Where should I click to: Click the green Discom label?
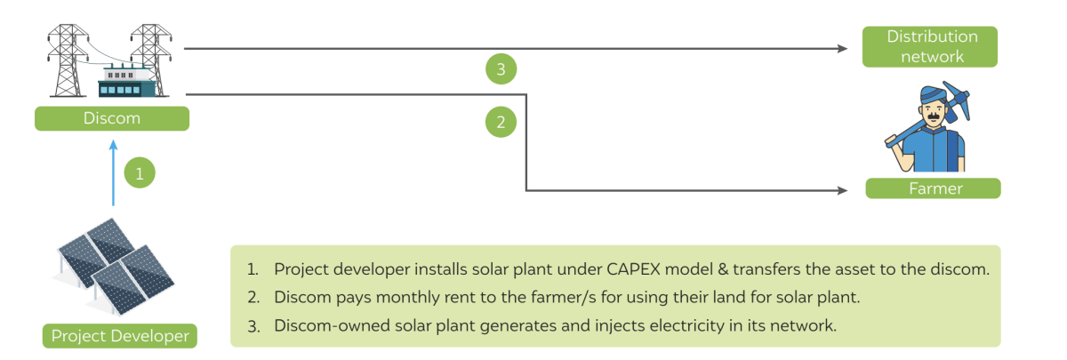tap(112, 118)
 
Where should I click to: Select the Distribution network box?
tap(930, 46)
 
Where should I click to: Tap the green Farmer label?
tap(933, 188)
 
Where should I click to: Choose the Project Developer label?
tap(119, 336)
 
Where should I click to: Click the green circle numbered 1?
tap(140, 172)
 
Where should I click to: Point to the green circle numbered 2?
tap(501, 122)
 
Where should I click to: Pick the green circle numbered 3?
tap(501, 69)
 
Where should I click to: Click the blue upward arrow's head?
tap(113, 145)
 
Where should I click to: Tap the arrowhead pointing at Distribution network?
tap(842, 49)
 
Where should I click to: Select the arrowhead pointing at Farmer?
tap(842, 190)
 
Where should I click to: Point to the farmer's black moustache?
tap(934, 116)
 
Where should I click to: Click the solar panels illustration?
tap(114, 267)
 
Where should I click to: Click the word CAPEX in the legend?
tap(633, 269)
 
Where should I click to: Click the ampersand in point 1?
tap(723, 269)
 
